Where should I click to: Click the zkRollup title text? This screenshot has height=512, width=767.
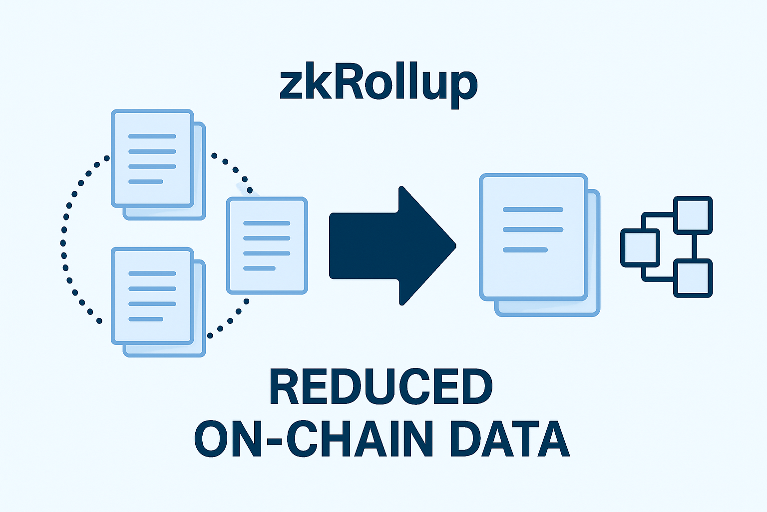pyautogui.click(x=378, y=84)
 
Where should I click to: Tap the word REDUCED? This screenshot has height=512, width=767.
pyautogui.click(x=381, y=388)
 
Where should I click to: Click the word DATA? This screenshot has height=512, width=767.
pyautogui.click(x=509, y=439)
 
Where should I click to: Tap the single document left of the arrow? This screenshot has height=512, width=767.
pyautogui.click(x=267, y=245)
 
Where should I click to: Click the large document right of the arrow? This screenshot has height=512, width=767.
pyautogui.click(x=533, y=237)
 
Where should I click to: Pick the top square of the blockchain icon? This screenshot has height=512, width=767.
pyautogui.click(x=693, y=215)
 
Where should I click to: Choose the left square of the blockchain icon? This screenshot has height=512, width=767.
pyautogui.click(x=640, y=247)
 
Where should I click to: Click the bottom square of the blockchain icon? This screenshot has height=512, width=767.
pyautogui.click(x=693, y=278)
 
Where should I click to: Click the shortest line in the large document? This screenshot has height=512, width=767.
pyautogui.click(x=525, y=249)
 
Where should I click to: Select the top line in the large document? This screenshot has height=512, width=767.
pyautogui.click(x=533, y=209)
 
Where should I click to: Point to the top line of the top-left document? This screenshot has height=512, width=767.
pyautogui.click(x=152, y=136)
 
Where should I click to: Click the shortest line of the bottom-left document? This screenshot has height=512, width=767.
pyautogui.click(x=146, y=319)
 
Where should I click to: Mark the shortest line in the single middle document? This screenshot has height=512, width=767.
pyautogui.click(x=259, y=268)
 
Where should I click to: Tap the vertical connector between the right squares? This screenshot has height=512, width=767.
pyautogui.click(x=694, y=246)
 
